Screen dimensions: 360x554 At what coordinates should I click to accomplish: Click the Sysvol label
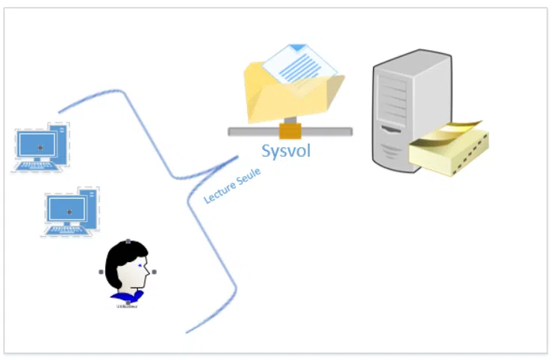pyautogui.click(x=285, y=151)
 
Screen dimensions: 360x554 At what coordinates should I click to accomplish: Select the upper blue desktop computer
pyautogui.click(x=42, y=147)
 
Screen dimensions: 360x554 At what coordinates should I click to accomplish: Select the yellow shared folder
pyautogui.click(x=291, y=93)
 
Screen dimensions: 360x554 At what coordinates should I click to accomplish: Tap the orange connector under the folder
pyautogui.click(x=290, y=132)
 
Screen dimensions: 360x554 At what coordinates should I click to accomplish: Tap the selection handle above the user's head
pyautogui.click(x=128, y=241)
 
